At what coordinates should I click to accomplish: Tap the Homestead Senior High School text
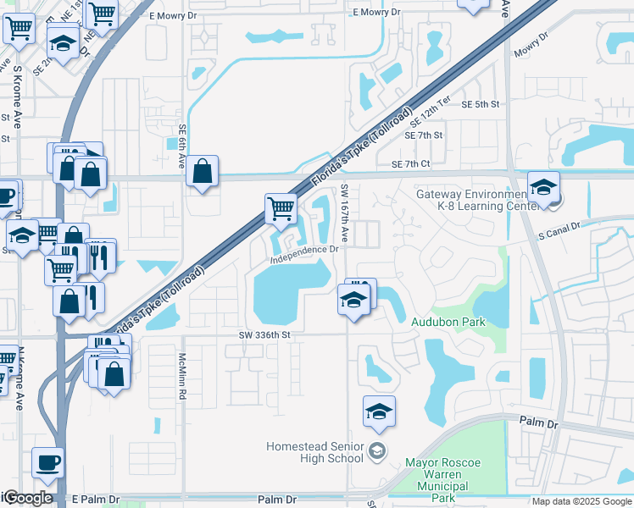point(314,452)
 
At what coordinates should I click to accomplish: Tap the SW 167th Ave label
point(345,211)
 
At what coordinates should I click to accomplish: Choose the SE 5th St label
point(481,104)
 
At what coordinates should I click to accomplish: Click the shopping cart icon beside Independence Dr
point(281,207)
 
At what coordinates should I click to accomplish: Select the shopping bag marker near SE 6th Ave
point(203,171)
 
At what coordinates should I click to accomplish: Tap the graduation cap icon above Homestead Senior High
point(379,411)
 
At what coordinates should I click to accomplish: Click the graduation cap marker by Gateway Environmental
point(542,186)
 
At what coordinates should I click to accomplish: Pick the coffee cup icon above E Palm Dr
point(47,462)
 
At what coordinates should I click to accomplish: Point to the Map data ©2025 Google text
point(581,501)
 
